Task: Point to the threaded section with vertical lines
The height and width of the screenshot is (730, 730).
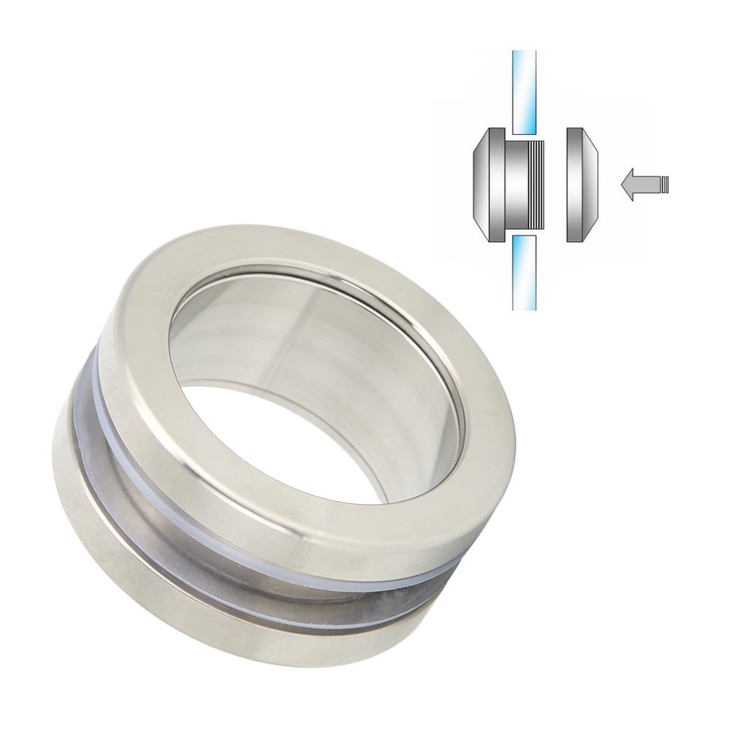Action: pyautogui.click(x=538, y=186)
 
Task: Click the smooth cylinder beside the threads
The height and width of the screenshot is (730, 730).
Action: pyautogui.click(x=519, y=186)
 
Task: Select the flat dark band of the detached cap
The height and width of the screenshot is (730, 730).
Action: pyautogui.click(x=574, y=186)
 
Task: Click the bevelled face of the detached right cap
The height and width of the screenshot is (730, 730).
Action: pyautogui.click(x=591, y=186)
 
